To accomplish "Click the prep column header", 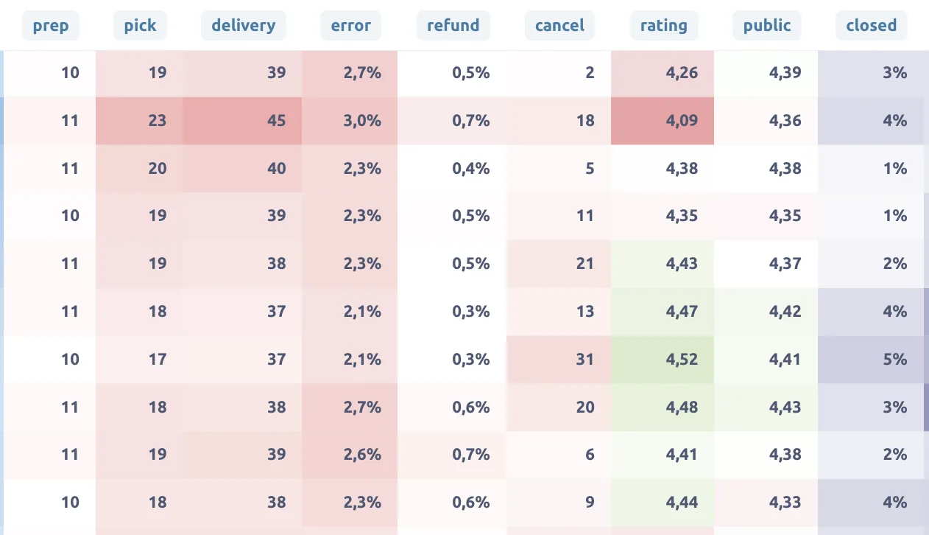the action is (51, 25).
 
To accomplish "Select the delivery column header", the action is (244, 25).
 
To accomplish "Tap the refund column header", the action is (453, 25).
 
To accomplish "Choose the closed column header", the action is (872, 25).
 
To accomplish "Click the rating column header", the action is (664, 25).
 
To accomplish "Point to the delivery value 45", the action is (276, 120).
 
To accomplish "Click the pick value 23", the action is (158, 120).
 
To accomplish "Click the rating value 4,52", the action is (682, 359).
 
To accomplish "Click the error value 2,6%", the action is (362, 455).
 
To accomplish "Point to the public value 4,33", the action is (785, 503).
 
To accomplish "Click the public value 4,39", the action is (785, 73).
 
